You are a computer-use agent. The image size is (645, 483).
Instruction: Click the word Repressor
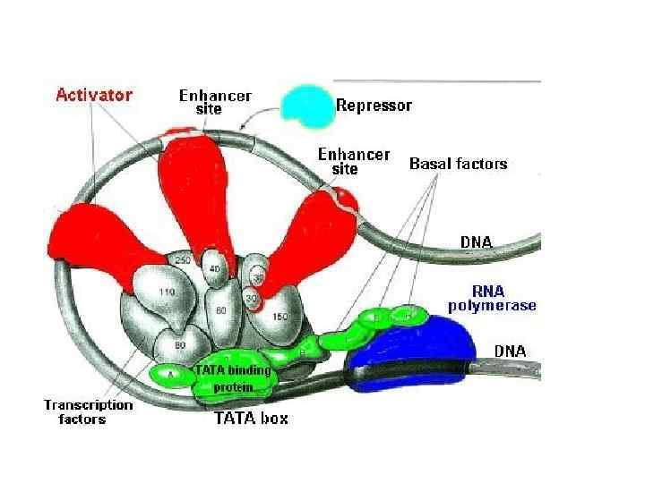coord(374,106)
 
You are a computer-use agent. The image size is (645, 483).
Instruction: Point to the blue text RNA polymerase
coord(492,298)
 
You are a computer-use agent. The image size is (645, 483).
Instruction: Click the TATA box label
coord(250,417)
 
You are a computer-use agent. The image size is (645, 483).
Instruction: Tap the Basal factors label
coord(458,164)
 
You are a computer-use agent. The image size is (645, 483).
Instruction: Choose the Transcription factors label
coord(88,411)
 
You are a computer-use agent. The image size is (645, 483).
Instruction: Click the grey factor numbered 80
coord(178,344)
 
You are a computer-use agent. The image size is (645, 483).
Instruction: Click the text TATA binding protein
coord(230,378)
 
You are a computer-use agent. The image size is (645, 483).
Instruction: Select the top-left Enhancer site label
coord(215,101)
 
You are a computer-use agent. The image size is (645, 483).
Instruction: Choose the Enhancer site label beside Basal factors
coord(354,161)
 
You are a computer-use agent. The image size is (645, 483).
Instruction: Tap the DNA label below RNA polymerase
coord(511,352)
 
